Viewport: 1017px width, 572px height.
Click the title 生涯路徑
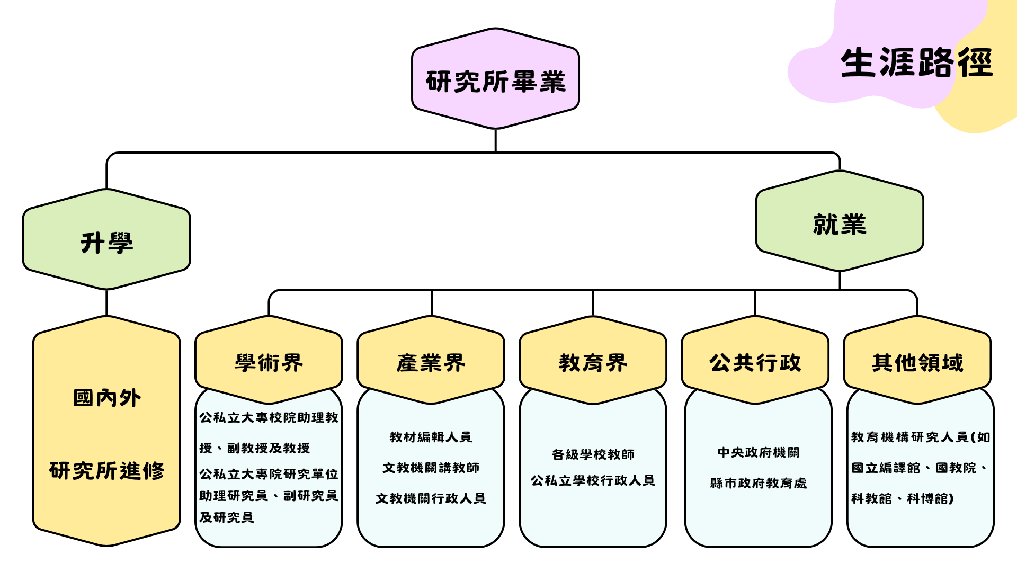916,63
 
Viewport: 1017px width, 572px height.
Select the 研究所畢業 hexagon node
495,81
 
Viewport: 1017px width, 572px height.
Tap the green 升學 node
106,243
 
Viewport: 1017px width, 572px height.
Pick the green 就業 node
840,224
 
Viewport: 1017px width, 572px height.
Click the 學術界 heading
269,363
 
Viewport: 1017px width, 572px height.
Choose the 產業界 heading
431,363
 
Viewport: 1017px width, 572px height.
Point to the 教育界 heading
593,363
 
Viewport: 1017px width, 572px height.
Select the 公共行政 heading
755,363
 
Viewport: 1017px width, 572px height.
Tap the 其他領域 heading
917,363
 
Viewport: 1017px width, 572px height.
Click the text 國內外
106,398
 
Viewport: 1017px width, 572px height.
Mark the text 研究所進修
106,470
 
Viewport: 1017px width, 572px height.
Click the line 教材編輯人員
431,437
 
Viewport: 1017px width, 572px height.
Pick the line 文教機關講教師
431,468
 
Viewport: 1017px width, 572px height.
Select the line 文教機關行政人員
431,498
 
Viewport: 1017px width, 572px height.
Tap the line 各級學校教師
593,454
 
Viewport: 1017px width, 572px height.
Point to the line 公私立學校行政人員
593,480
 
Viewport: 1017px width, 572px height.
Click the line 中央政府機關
758,452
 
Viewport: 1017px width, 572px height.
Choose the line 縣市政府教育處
758,483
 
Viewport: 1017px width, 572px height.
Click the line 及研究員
227,517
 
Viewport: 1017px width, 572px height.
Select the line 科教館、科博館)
902,498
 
